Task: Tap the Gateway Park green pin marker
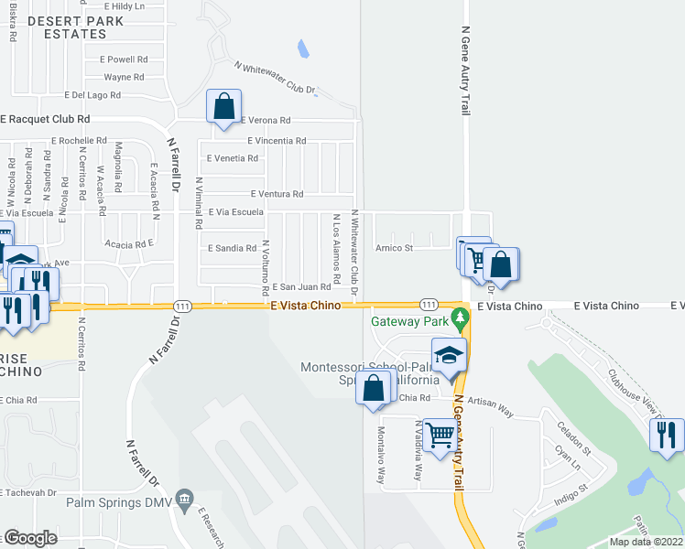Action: pos(462,321)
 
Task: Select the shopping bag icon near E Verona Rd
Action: pos(224,106)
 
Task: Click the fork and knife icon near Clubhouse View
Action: pos(666,435)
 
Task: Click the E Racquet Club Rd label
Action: pos(46,119)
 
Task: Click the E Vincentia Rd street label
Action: pos(277,141)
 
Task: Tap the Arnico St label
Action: pos(395,247)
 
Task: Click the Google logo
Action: pos(29,538)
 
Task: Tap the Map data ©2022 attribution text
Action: pos(646,542)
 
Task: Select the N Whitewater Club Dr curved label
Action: pos(275,80)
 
